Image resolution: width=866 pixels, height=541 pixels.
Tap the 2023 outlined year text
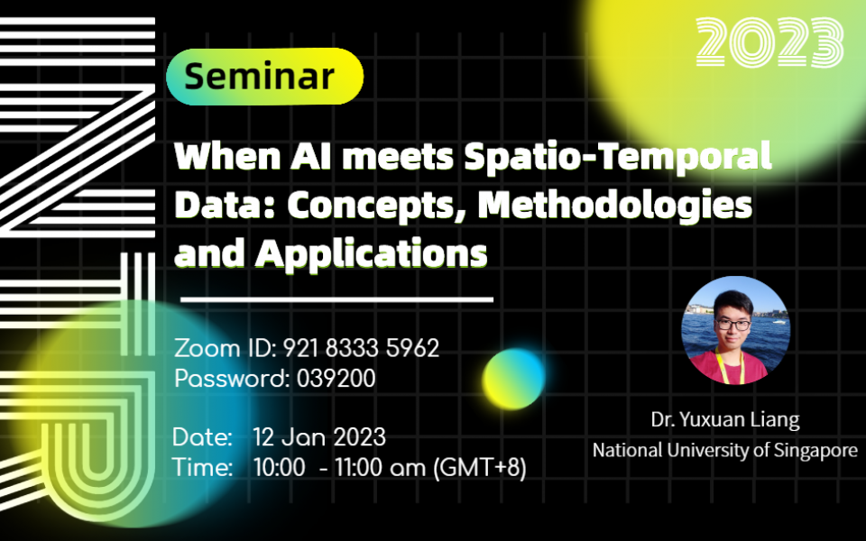click(x=770, y=42)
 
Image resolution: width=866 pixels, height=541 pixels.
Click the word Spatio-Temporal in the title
click(x=618, y=157)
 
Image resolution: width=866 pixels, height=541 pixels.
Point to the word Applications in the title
click(x=372, y=253)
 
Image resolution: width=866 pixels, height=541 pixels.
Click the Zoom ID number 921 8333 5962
click(x=361, y=348)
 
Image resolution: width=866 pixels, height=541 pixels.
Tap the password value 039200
click(x=336, y=379)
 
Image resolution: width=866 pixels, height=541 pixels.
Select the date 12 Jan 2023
click(x=319, y=437)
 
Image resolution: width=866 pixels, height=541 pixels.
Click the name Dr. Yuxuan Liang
click(x=724, y=420)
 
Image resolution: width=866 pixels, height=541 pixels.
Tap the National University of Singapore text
click(x=724, y=450)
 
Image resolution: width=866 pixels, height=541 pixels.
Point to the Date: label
click(x=202, y=437)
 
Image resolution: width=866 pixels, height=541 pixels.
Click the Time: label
click(x=203, y=467)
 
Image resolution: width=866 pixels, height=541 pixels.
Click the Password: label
click(x=231, y=379)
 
